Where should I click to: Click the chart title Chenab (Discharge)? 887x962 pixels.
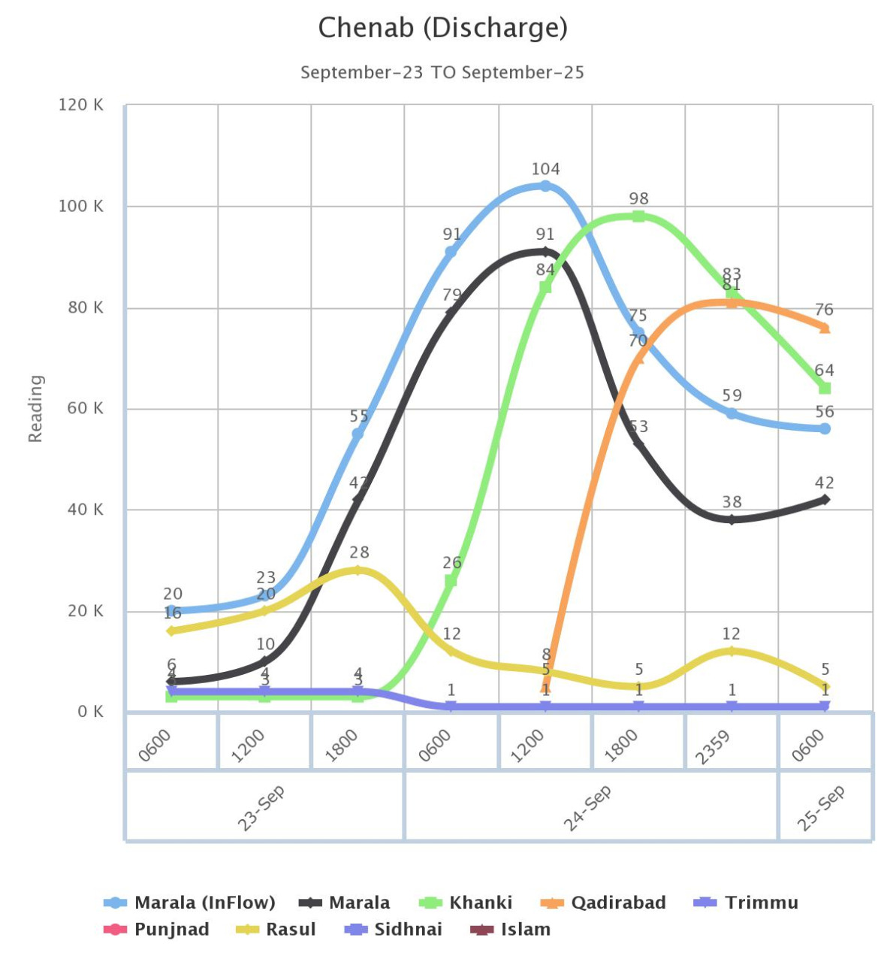pos(442,28)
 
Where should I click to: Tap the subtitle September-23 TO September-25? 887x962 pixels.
pos(442,72)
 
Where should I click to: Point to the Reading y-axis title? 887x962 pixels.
pos(35,408)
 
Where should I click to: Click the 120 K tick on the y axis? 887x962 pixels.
pos(80,105)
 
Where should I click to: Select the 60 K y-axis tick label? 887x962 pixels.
pos(80,408)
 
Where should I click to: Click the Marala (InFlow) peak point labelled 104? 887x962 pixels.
pos(545,186)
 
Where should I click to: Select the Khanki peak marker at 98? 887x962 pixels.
pos(638,216)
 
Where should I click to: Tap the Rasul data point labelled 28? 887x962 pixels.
pos(358,570)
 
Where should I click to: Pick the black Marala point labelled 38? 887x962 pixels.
pos(732,519)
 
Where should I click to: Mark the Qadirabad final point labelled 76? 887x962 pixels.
pos(825,328)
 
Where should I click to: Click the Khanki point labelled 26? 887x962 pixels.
pos(451,580)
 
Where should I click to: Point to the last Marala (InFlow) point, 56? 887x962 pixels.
pos(825,428)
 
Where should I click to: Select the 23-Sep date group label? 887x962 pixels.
pos(260,808)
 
